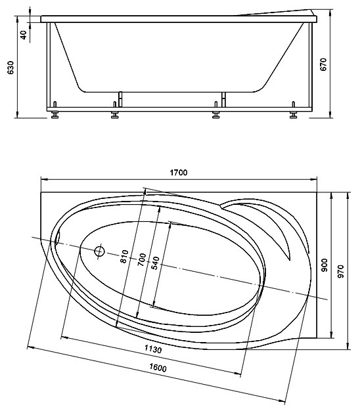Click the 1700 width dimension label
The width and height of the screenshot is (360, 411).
click(179, 173)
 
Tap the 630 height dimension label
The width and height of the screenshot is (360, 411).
click(11, 68)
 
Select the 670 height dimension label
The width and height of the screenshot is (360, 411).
click(324, 64)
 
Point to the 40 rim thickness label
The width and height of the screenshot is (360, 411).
click(24, 35)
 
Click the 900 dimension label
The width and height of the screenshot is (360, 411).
click(325, 265)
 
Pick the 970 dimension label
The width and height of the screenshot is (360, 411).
click(340, 272)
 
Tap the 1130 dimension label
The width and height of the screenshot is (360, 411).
click(153, 349)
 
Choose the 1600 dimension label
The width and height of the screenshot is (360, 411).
click(158, 368)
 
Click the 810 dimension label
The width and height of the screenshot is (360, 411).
click(124, 256)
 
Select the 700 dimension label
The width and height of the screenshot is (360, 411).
click(142, 260)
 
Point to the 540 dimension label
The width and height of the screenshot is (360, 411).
click(156, 263)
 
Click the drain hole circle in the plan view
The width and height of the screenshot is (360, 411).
click(99, 251)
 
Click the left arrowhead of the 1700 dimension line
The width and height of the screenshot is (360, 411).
click(44, 179)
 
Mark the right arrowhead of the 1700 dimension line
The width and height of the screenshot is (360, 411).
click(314, 179)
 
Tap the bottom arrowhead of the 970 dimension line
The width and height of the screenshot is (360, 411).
click(348, 346)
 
